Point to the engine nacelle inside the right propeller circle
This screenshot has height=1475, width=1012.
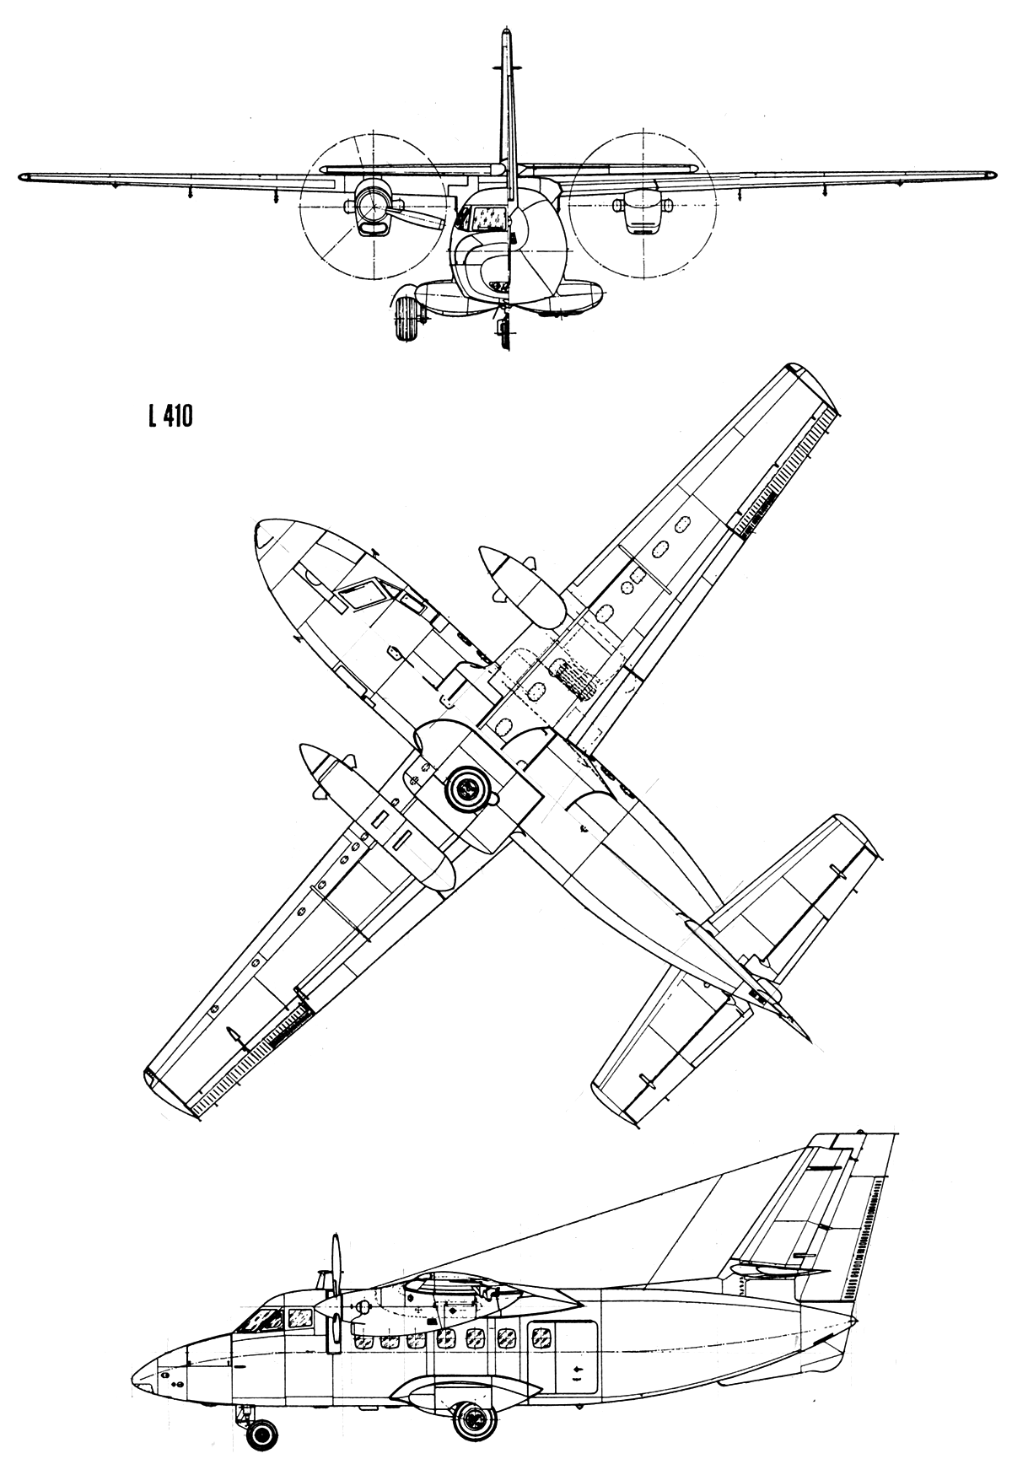642,211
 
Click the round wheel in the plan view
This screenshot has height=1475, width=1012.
469,789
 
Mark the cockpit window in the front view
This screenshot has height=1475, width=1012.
484,218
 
